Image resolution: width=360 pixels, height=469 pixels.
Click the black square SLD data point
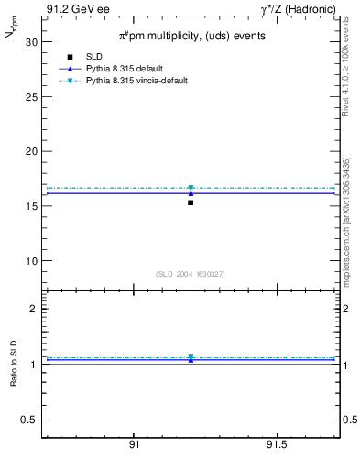(x=191, y=202)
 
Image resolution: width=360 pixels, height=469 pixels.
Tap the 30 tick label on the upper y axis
(x=31, y=42)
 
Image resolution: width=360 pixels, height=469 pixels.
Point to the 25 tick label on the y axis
(x=31, y=96)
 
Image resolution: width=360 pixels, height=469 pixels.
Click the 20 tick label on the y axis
(x=31, y=151)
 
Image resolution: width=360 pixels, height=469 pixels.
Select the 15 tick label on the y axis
(x=31, y=206)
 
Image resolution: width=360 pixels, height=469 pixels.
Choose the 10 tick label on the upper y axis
(x=31, y=260)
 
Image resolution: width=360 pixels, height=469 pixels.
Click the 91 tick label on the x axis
(x=134, y=444)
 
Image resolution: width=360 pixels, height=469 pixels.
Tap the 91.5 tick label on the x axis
(x=277, y=444)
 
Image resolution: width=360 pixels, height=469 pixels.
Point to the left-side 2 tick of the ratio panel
(x=34, y=309)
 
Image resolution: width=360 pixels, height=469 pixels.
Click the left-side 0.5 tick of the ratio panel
(x=30, y=420)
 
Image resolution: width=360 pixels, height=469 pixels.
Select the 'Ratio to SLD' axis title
(x=15, y=364)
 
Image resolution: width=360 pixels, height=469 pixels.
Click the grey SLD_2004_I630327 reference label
(x=191, y=274)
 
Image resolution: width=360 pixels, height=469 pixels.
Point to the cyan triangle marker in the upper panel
(x=191, y=188)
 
